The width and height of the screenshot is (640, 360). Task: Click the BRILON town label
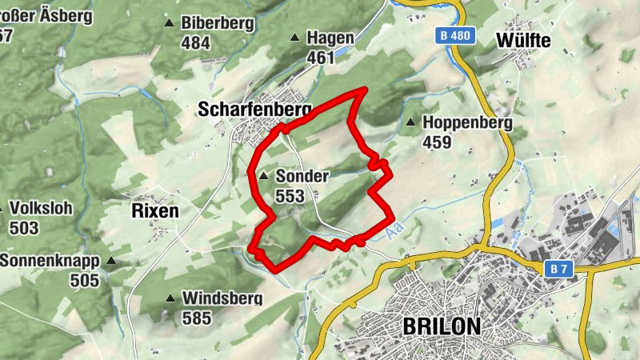tap(442, 326)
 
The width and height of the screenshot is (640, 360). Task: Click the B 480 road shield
tap(457, 36)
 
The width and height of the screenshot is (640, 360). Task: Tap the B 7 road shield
tap(558, 270)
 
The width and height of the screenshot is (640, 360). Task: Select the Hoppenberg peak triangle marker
tap(410, 122)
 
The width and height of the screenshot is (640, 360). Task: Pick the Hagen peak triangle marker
tap(294, 38)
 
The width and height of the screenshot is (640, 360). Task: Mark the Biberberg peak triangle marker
tap(169, 23)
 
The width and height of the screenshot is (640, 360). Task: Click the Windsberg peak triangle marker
tap(170, 299)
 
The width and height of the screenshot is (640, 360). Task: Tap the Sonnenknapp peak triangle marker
tap(111, 261)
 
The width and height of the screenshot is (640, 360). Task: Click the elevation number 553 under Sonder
tap(288, 195)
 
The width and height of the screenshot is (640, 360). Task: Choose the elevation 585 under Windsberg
tap(197, 318)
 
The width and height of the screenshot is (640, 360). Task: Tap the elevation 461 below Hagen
tap(320, 58)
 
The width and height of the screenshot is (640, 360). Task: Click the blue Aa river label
tap(392, 232)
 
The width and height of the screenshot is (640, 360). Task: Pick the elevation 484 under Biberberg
tap(195, 43)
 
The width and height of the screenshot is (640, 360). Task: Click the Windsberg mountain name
tap(222, 298)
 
